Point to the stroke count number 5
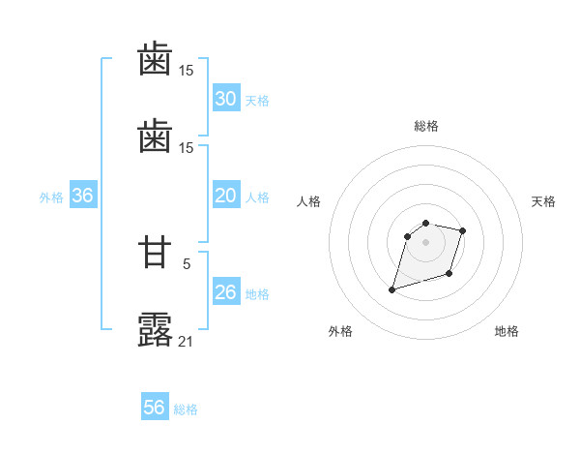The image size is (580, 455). (x=187, y=263)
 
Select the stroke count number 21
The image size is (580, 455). (x=187, y=341)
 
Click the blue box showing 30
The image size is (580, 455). (x=225, y=99)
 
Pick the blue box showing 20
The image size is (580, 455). (x=225, y=196)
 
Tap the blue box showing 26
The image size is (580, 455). (x=225, y=292)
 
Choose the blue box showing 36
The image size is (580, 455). (x=82, y=196)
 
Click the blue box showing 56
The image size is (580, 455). (x=155, y=408)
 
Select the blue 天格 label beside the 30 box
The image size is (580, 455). (x=257, y=101)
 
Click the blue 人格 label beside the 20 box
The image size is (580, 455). (x=257, y=197)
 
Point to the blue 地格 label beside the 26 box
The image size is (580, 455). (x=257, y=294)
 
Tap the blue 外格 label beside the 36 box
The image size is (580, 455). (x=51, y=197)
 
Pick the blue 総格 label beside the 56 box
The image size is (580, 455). (x=186, y=409)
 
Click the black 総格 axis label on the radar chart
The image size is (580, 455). (x=426, y=126)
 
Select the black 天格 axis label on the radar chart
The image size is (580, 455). (x=543, y=201)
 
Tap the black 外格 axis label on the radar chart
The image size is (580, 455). (x=340, y=331)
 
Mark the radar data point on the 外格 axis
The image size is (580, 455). (x=391, y=288)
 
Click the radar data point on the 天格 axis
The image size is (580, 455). (x=463, y=230)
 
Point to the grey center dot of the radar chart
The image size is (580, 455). (x=426, y=241)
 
